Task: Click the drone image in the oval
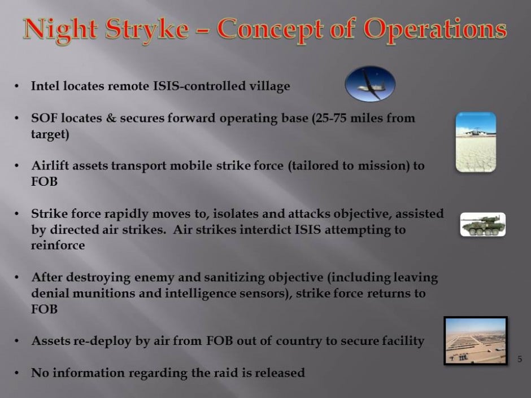click(370, 84)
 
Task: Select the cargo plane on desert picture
click(476, 142)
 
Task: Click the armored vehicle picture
click(483, 224)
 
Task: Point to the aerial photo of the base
click(476, 341)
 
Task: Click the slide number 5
click(520, 359)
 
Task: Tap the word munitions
click(103, 294)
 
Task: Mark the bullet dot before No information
click(16, 373)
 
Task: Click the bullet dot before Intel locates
click(16, 86)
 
